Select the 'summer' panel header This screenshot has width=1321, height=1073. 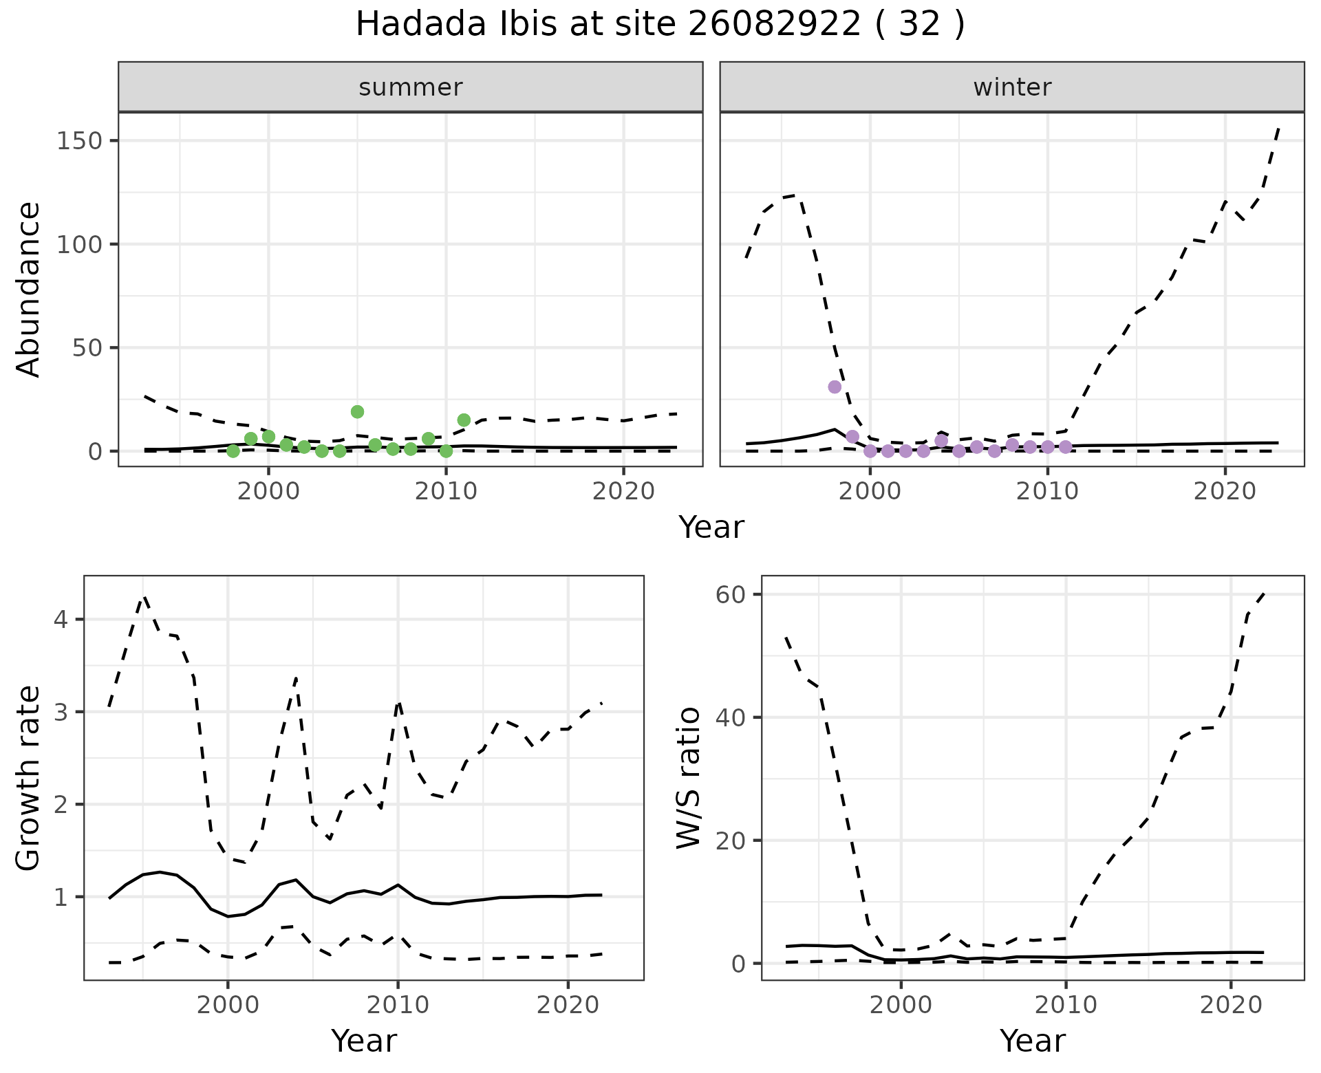pyautogui.click(x=410, y=87)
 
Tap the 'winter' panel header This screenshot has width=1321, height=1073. pyautogui.click(x=1011, y=87)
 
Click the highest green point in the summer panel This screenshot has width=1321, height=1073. pyautogui.click(x=357, y=412)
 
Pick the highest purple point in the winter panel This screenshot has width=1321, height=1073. pyautogui.click(x=835, y=387)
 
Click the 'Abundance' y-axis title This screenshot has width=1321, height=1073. pyautogui.click(x=29, y=290)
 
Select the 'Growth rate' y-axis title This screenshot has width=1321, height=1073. pyautogui.click(x=29, y=778)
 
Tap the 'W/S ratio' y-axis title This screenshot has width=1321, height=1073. pyautogui.click(x=688, y=778)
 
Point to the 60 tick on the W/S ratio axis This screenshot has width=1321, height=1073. pyautogui.click(x=731, y=594)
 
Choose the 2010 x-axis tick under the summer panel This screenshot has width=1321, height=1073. pyautogui.click(x=446, y=492)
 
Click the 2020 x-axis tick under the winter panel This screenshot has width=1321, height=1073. pyautogui.click(x=1225, y=492)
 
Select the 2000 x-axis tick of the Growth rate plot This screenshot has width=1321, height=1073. pyautogui.click(x=228, y=1005)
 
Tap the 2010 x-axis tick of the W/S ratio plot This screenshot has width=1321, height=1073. pyautogui.click(x=1066, y=1005)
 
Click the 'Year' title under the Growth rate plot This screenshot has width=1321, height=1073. pyautogui.click(x=364, y=1041)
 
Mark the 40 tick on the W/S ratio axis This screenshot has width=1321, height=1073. pyautogui.click(x=731, y=717)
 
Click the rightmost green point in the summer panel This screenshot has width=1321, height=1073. pyautogui.click(x=464, y=420)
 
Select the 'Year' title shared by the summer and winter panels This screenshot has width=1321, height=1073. pyautogui.click(x=711, y=528)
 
